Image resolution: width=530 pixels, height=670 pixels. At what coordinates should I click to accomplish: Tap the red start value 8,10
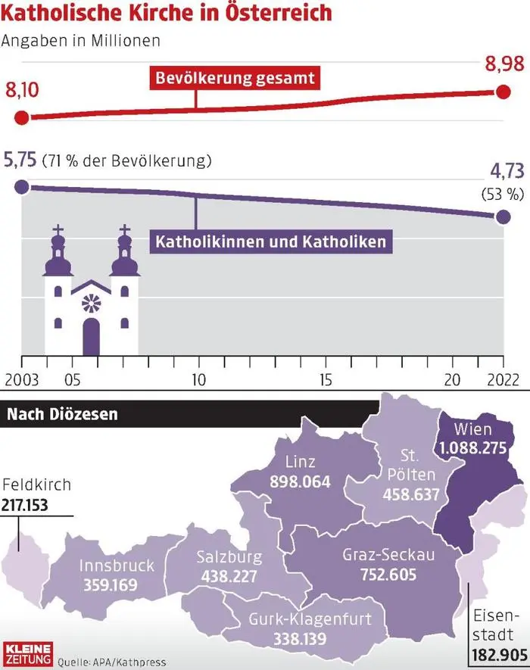coord(23,92)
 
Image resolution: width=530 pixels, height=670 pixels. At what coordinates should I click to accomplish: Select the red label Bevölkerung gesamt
coord(234,77)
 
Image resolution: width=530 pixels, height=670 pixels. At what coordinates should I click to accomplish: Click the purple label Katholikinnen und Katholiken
coord(271,242)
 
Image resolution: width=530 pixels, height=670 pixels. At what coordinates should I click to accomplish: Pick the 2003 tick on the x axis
coord(21,379)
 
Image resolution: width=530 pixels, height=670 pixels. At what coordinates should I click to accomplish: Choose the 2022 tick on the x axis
coord(503,379)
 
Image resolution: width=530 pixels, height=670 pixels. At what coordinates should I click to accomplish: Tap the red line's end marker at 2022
coord(503,92)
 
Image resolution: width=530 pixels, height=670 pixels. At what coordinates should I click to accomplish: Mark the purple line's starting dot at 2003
coord(22,187)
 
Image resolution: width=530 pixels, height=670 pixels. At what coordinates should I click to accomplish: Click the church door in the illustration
coord(91,336)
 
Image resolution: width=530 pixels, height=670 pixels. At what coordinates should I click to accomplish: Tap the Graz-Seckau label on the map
coord(388,555)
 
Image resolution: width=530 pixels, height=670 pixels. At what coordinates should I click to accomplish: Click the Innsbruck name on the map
coord(117,566)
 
